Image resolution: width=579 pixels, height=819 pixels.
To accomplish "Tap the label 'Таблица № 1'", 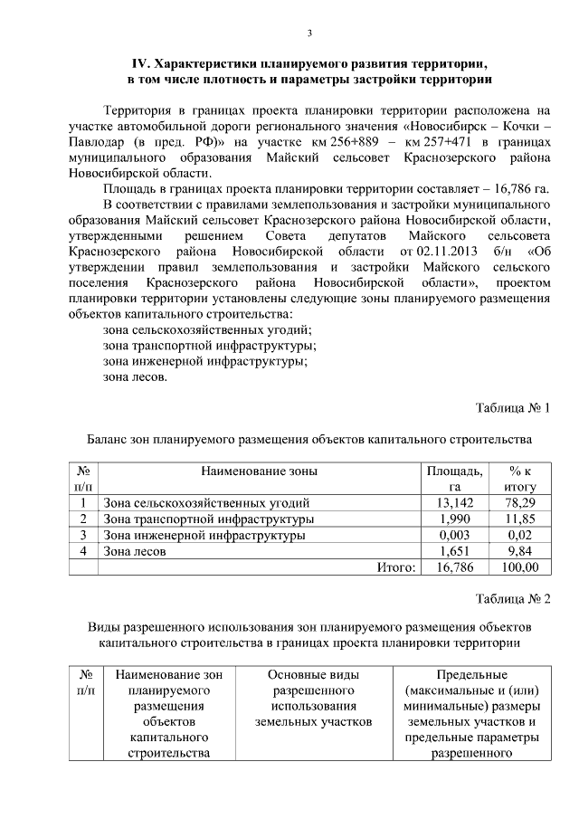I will pos(513,407).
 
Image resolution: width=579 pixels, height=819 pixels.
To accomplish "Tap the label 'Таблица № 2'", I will pos(513,599).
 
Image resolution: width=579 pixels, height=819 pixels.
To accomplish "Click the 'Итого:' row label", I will pos(396,567).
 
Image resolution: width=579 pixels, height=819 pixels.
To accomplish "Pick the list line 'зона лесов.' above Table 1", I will pos(135,377).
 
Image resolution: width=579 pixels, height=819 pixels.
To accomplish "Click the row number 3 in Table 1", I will pos(83,535).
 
